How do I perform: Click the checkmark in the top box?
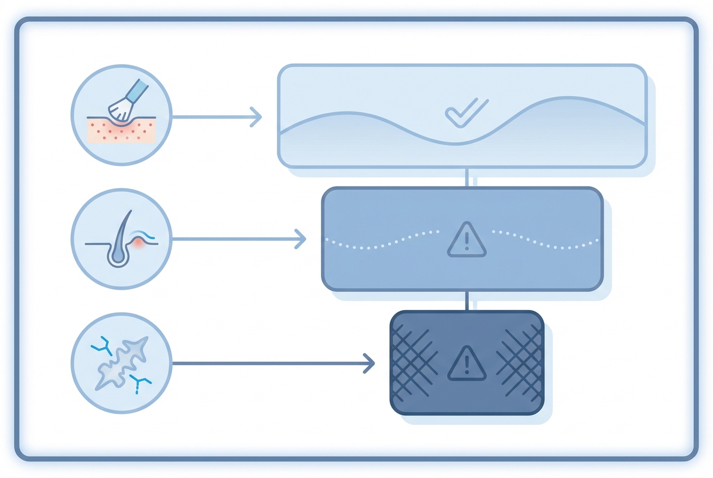[x=466, y=112]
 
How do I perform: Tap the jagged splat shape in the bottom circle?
[x=121, y=362]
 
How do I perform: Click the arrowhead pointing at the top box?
[x=257, y=117]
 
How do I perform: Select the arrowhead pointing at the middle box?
[x=300, y=239]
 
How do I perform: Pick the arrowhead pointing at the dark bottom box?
[x=369, y=363]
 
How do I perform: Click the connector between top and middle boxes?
[x=467, y=177]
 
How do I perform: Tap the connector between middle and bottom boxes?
[x=467, y=300]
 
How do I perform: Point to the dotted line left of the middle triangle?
[x=384, y=241]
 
